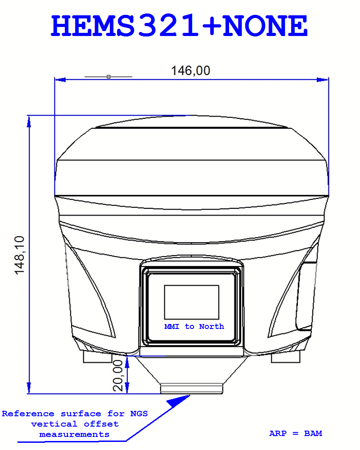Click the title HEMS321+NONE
tap(179, 26)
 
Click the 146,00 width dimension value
tap(191, 71)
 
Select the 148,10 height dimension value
tap(19, 255)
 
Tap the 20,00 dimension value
tap(118, 376)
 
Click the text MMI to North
tap(194, 327)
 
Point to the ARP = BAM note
tap(295, 433)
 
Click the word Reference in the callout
tap(28, 414)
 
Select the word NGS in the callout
tap(139, 414)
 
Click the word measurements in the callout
tap(74, 435)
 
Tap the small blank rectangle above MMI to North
tap(192, 302)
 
